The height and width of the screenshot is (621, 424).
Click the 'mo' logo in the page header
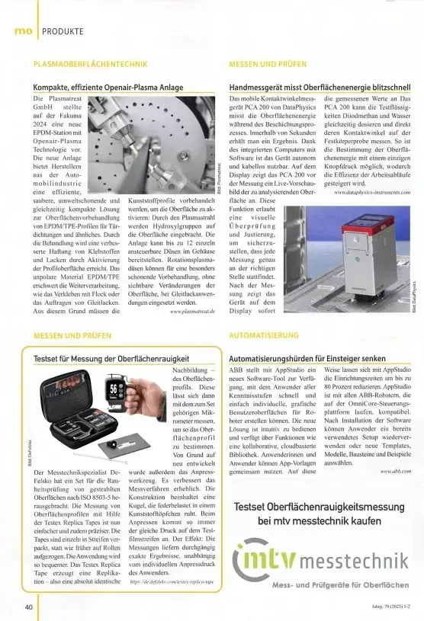point(22,30)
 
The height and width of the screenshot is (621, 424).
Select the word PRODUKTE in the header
point(63,30)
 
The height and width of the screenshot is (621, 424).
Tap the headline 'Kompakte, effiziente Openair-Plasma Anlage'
point(108,88)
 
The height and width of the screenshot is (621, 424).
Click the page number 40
point(27,607)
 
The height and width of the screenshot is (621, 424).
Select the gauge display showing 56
point(114,388)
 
